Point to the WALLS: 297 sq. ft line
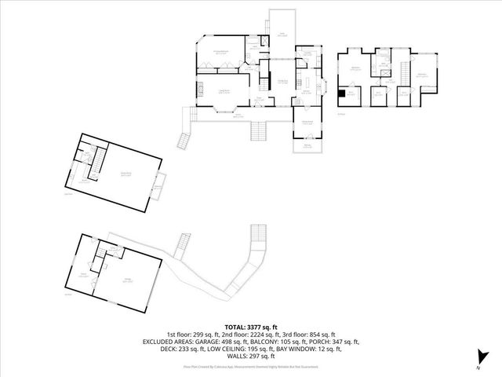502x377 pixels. tap(251, 357)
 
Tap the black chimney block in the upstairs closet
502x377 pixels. tap(341, 95)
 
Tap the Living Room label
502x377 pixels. tap(224, 91)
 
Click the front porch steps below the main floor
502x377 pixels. tap(259, 130)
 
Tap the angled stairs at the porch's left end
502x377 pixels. tap(185, 141)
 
